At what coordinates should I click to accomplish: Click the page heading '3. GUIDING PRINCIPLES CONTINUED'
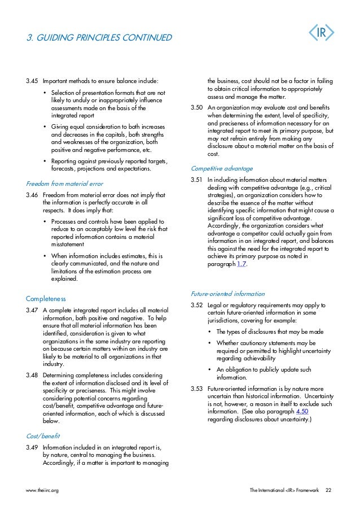click(99, 38)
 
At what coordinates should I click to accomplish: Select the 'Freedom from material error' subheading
click(65, 184)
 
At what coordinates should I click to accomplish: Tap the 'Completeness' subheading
click(46, 298)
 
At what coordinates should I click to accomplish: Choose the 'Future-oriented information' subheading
click(228, 294)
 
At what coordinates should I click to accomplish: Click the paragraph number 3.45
click(32, 80)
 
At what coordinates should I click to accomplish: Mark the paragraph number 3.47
click(32, 310)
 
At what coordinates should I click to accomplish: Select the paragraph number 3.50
click(197, 107)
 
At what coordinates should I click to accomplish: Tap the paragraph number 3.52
click(197, 306)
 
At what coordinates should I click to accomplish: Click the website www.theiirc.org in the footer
click(42, 490)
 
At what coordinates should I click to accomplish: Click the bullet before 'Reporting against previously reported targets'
click(45, 161)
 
